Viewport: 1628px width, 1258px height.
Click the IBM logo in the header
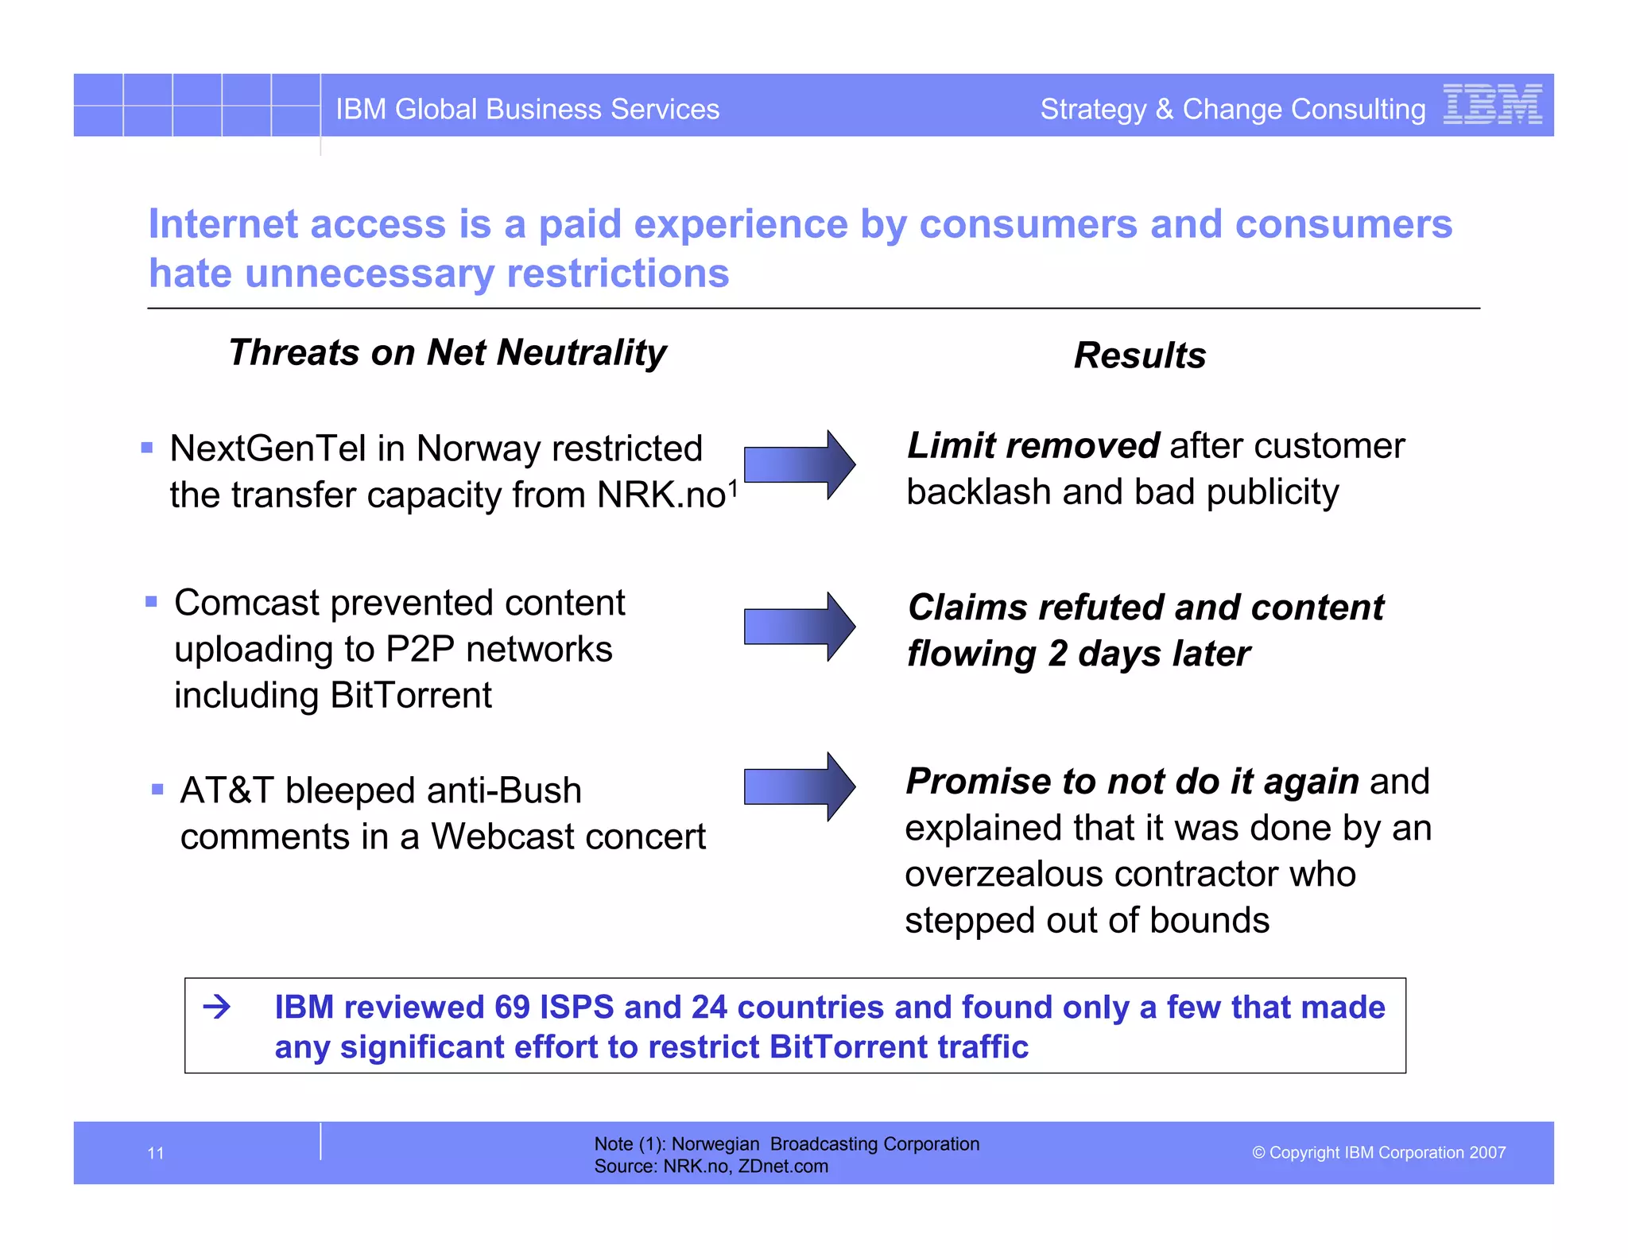1492,104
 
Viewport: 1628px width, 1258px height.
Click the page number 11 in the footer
156,1153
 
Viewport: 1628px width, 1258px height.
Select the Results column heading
1139,355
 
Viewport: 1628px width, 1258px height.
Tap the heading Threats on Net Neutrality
447,352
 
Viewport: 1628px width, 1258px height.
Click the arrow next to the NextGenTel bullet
799,465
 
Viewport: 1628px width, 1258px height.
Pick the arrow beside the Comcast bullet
799,627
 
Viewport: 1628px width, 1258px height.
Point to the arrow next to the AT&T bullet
799,786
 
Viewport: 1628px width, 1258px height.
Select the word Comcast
246,604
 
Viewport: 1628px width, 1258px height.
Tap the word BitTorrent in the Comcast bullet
411,696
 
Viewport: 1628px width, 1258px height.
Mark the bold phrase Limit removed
1033,446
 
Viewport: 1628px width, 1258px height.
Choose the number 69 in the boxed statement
511,1008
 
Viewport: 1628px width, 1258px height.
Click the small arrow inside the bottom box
216,1008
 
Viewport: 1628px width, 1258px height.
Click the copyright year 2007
1487,1153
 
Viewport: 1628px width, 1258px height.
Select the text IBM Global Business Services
527,109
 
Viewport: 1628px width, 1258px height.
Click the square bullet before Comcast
151,602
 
